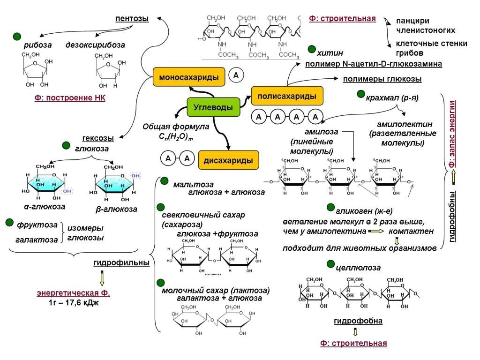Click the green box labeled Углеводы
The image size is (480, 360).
point(213,107)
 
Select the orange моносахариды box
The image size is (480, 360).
point(189,77)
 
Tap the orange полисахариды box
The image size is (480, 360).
point(287,96)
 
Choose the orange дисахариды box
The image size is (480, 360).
point(228,160)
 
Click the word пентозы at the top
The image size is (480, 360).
point(132,19)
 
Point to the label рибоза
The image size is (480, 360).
point(37,45)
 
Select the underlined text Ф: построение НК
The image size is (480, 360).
point(70,98)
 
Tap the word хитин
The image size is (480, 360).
point(330,53)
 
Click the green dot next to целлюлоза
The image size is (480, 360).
point(331,265)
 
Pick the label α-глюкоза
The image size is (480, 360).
point(45,206)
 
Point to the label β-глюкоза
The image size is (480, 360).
point(116,209)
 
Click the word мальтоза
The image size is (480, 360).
point(193,184)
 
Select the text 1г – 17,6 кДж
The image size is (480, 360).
point(74,303)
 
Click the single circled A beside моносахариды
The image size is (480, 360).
point(236,75)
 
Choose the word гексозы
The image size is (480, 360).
point(98,138)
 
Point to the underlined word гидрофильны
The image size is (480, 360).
point(121,263)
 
